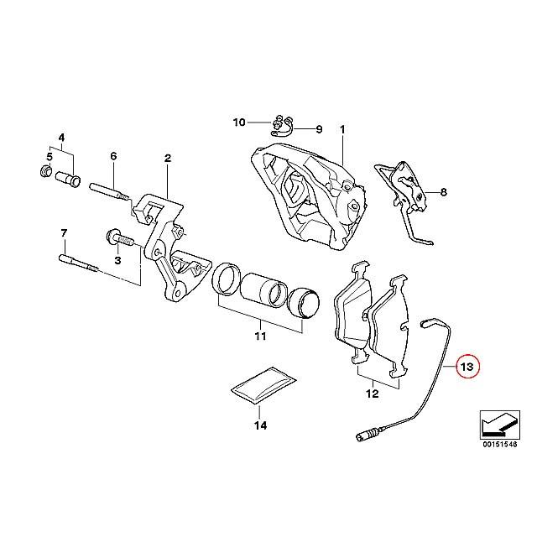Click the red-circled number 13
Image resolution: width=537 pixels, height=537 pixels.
pos(467,367)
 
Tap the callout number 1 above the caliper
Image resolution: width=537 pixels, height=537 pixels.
pos(342,129)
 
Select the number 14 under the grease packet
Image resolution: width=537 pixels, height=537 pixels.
pos(260,425)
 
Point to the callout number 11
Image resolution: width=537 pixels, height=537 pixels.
pos(260,336)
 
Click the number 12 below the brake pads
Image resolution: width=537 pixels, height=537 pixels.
pos(373,394)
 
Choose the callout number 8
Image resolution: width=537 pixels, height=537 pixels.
pos(444,192)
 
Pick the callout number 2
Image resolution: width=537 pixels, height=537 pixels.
pos(168,159)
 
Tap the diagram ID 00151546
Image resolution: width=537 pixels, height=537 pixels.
pos(500,445)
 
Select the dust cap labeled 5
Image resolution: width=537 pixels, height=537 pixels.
pos(44,170)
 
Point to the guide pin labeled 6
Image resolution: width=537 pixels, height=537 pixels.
pos(109,191)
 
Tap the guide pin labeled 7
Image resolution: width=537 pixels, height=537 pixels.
pos(81,263)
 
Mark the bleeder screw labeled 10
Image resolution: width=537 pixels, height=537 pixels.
pos(278,122)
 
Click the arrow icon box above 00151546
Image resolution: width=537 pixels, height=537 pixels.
pos(500,425)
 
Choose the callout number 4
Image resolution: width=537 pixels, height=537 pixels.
pos(61,138)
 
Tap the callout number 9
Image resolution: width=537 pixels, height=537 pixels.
pos(319,129)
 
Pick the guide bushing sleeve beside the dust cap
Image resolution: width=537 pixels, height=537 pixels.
pos(68,179)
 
